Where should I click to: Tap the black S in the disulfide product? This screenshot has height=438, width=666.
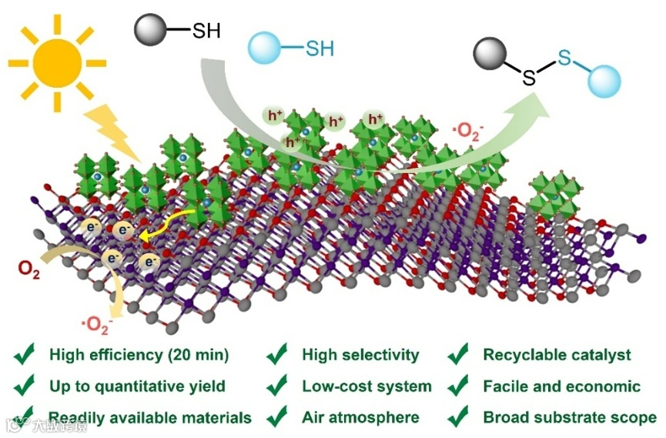click(x=530, y=76)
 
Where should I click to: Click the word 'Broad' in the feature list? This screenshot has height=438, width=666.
click(x=504, y=418)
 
